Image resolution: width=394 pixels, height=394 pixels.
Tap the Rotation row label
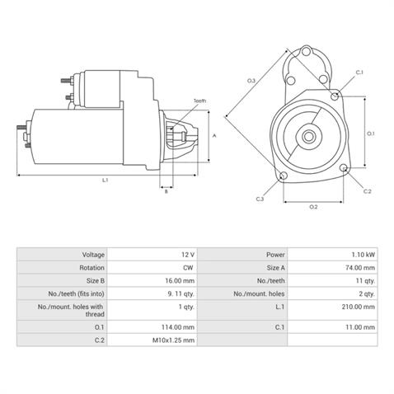[92, 268]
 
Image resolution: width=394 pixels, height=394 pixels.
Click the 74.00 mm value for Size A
[359, 268]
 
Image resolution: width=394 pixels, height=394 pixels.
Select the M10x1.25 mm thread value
[173, 340]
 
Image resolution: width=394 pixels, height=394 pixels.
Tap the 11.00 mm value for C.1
[359, 326]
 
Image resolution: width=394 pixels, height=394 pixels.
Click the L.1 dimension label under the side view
[106, 179]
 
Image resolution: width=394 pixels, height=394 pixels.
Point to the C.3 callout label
[260, 199]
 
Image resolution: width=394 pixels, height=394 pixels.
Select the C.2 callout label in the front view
[368, 191]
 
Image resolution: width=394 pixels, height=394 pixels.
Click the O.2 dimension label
[313, 206]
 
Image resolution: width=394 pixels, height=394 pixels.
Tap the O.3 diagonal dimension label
[251, 80]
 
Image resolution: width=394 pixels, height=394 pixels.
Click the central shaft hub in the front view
[312, 134]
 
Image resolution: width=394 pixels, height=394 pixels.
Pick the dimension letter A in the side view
[214, 134]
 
